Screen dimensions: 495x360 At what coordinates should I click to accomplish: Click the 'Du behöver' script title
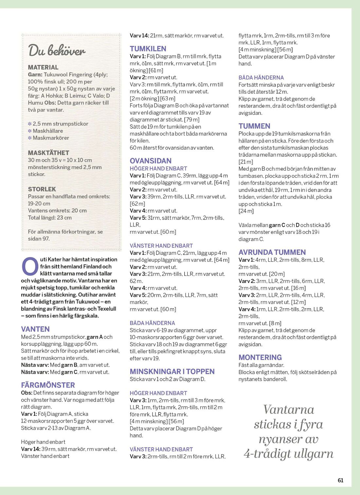coord(57,50)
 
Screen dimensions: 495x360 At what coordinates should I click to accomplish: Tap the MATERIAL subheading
coord(43,67)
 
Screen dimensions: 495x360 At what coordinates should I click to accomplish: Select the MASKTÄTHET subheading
coord(48,153)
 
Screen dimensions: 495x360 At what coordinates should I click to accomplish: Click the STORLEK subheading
coord(42,189)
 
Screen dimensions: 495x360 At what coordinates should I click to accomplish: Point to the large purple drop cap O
coord(29,266)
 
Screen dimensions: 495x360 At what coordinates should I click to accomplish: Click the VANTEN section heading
coord(35,329)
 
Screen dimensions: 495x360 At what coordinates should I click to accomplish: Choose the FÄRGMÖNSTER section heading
coord(48,385)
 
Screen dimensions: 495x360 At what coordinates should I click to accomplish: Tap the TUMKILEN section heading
coord(148,48)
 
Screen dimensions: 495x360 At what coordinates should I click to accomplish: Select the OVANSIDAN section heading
coord(151,161)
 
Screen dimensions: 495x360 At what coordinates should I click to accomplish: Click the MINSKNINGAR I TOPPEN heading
coord(172,371)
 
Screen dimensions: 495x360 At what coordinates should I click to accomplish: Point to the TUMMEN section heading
coord(254,126)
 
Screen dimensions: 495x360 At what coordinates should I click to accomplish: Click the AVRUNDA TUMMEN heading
coord(272,252)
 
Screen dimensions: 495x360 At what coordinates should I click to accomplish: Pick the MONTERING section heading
coord(260,357)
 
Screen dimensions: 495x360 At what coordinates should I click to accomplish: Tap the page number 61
coord(340,480)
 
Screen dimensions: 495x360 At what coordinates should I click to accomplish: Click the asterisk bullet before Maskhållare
coord(30,131)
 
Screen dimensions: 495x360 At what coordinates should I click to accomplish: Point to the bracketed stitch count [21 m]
coord(246,162)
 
